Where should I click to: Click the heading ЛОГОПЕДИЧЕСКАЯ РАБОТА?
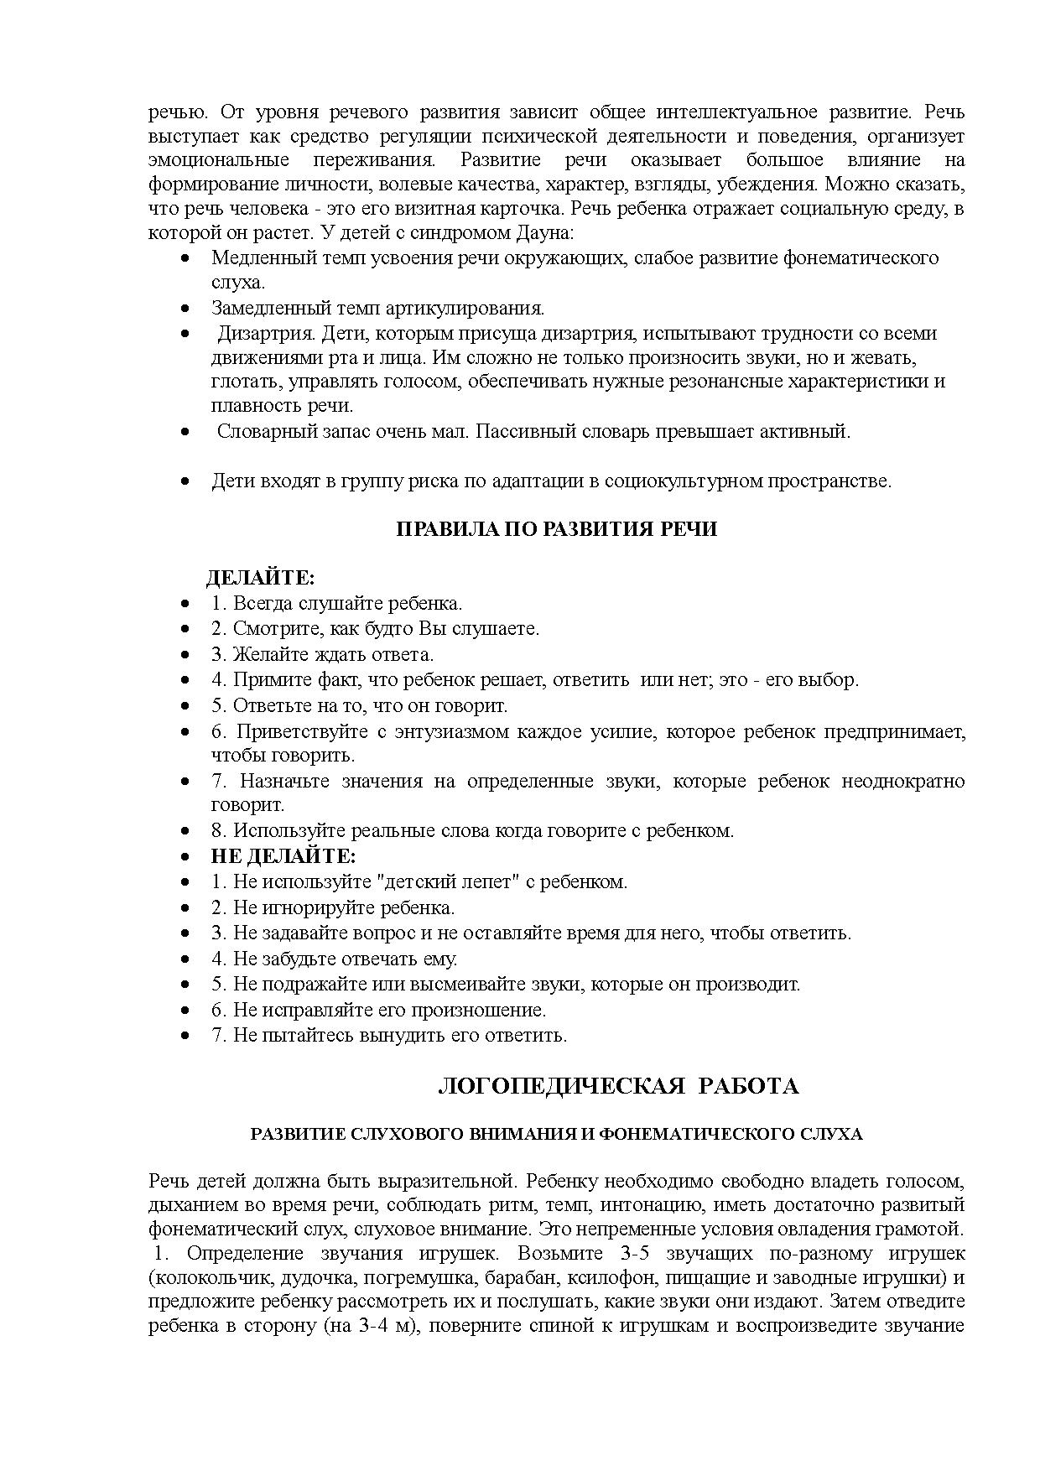(618, 1087)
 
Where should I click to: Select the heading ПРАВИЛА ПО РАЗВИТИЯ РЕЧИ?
(556, 530)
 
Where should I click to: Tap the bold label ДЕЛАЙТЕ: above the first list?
(260, 578)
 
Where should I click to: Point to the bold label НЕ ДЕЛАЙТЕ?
(283, 856)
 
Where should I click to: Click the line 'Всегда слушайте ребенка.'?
(336, 604)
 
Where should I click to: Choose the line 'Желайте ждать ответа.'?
(322, 654)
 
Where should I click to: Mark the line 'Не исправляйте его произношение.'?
(378, 1010)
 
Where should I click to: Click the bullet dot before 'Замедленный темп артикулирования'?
(185, 309)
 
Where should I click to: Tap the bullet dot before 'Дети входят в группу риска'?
(185, 482)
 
